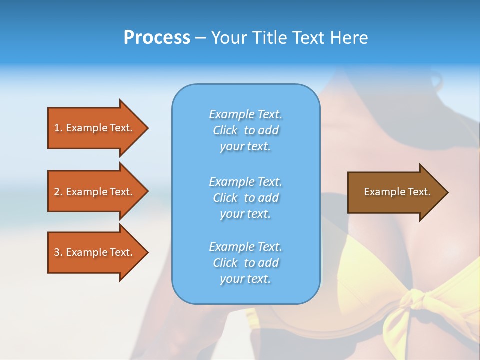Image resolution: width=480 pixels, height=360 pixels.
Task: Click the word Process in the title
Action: (x=157, y=38)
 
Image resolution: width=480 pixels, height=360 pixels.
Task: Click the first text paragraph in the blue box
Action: (x=245, y=130)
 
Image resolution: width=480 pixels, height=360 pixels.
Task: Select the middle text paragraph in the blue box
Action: (x=245, y=197)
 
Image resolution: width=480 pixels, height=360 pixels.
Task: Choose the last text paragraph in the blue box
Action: (x=245, y=263)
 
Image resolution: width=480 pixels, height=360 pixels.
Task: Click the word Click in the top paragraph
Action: (x=225, y=130)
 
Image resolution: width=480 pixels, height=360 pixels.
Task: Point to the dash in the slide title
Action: (x=200, y=38)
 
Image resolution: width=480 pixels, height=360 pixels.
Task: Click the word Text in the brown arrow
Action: (x=420, y=192)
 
